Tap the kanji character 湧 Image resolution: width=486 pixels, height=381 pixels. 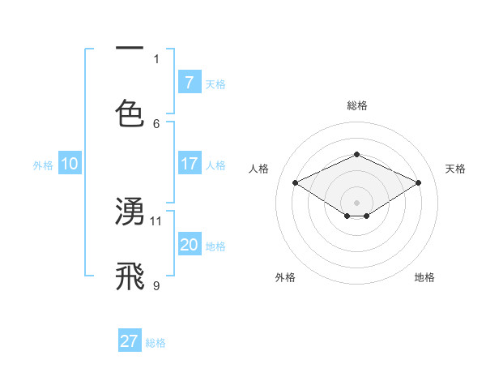coord(130,212)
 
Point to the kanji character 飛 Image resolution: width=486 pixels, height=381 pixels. coord(130,276)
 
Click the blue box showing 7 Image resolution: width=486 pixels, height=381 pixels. coord(189,82)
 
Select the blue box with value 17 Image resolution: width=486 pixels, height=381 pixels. coord(189,164)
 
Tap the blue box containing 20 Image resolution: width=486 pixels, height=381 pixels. coord(189,245)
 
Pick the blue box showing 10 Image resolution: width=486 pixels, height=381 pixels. coord(70,164)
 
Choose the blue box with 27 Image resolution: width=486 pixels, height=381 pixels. coord(130,340)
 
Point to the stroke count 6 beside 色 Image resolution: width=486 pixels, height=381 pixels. coord(156,123)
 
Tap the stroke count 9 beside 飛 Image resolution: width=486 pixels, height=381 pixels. coord(156,285)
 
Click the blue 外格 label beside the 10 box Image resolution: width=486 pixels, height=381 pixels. coord(43,165)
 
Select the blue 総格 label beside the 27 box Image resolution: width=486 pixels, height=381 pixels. coord(156,342)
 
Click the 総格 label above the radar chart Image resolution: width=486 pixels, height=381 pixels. coord(356,105)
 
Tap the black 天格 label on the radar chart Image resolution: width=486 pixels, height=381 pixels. coord(455,169)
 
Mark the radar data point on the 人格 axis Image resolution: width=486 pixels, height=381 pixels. coord(296,183)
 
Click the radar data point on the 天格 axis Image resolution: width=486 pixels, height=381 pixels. coord(418,183)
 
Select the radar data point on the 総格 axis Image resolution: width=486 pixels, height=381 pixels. coord(356,154)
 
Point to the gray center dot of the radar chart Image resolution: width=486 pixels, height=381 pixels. coord(356,202)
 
